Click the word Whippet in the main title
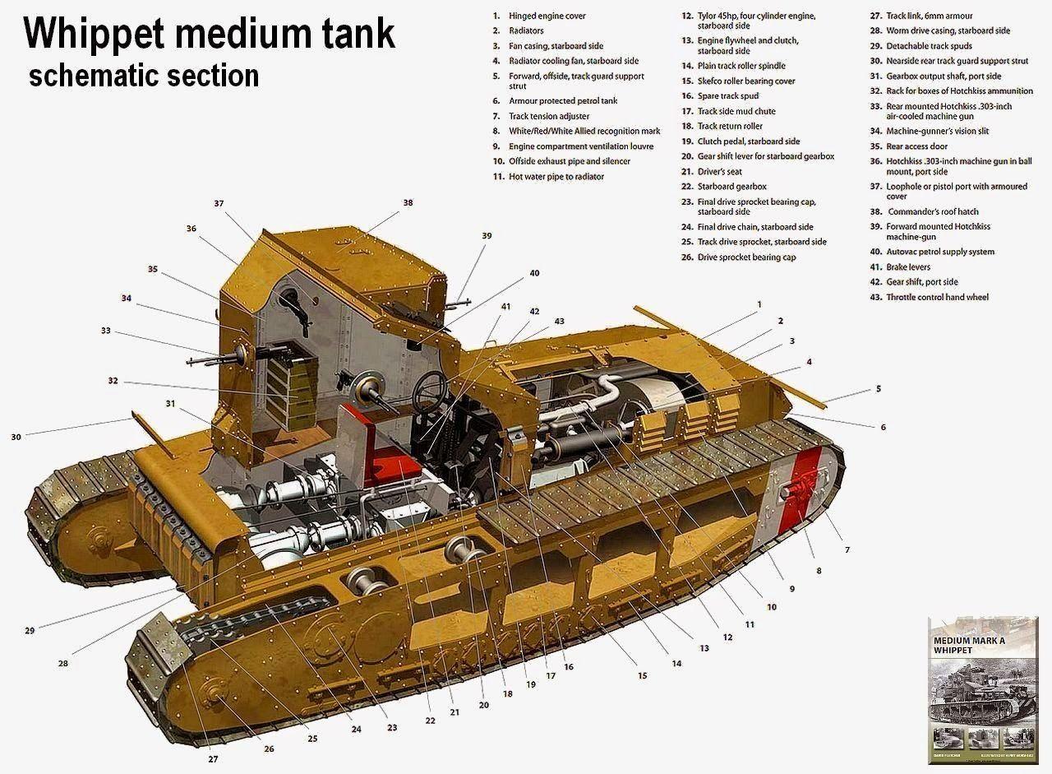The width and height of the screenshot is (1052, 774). pos(118,35)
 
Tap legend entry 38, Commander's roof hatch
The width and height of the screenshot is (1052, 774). pos(933,211)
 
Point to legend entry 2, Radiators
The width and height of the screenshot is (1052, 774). pos(526,30)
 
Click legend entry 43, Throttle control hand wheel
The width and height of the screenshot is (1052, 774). pos(937,297)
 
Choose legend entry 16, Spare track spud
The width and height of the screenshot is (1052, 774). pos(727,96)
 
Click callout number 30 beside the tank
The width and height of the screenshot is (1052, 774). pos(16,437)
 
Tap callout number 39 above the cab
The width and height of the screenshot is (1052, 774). pos(487,236)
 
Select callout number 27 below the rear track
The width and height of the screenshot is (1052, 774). pos(214,758)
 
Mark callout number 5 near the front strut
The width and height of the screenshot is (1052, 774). pos(878,388)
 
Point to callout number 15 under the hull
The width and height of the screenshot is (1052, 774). pos(642,675)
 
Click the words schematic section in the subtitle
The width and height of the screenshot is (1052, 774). pos(144,75)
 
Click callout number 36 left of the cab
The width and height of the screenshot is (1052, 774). pos(191,229)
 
